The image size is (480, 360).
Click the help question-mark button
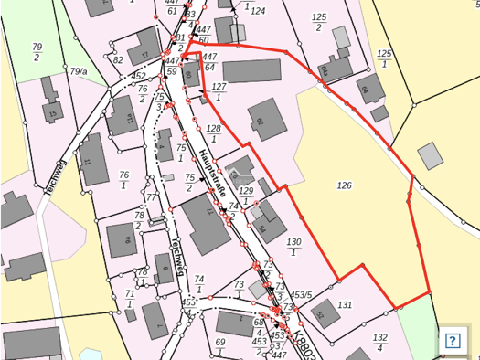[452, 341]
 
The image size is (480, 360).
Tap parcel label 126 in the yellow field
[344, 185]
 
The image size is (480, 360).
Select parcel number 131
[345, 304]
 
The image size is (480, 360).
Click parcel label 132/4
[379, 342]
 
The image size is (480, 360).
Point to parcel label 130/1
[293, 247]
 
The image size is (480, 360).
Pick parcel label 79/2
[37, 51]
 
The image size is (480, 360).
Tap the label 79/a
[79, 70]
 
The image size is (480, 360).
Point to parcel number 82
[118, 60]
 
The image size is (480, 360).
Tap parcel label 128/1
[214, 133]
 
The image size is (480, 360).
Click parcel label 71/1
[130, 299]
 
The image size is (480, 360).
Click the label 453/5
[302, 294]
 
